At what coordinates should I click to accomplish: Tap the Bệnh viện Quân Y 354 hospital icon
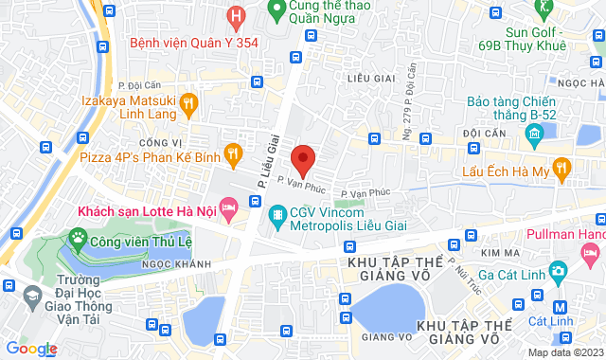(237, 16)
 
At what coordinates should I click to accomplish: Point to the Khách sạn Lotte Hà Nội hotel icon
(227, 207)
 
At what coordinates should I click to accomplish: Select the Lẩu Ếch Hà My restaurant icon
(561, 170)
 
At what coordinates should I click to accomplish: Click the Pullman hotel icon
(591, 252)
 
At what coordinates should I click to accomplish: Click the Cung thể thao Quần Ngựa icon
(276, 12)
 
